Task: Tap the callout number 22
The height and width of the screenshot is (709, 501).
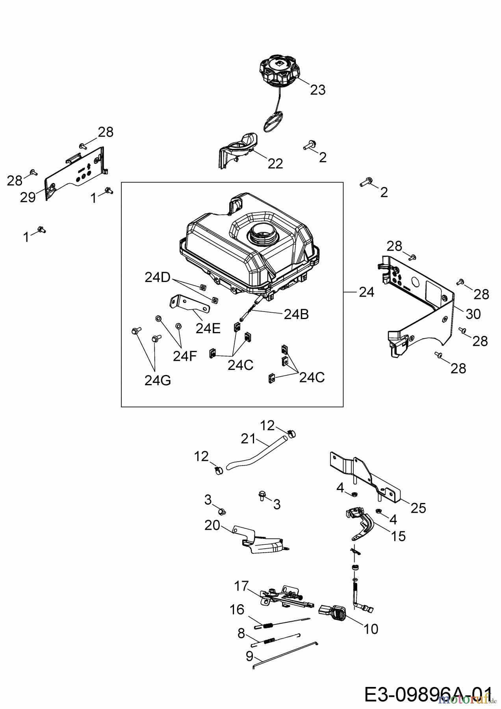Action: [275, 163]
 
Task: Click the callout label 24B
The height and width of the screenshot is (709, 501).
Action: [296, 314]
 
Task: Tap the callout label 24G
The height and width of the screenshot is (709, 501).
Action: [158, 380]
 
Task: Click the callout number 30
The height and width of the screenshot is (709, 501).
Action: [473, 314]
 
